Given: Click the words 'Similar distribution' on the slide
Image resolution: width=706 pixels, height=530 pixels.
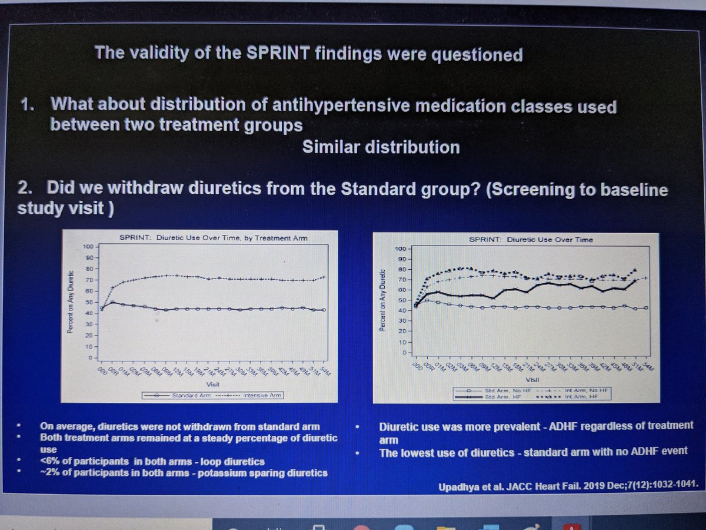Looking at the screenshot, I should [380, 147].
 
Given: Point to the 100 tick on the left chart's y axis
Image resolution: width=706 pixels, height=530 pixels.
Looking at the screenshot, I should [89, 247].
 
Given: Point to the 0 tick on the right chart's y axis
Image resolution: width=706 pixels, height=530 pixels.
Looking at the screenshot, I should [405, 353].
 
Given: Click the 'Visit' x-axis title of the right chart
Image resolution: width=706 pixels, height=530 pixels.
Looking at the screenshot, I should [531, 380].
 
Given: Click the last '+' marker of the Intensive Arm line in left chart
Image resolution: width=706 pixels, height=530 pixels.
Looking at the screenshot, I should [324, 277].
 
